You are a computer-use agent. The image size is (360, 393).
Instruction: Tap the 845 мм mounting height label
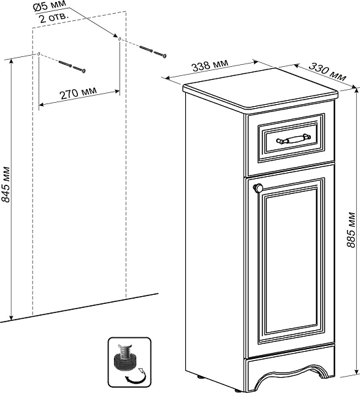point(5,184)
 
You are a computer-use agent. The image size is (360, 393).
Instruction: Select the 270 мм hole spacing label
point(78,93)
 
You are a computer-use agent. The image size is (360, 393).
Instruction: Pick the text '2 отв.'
point(54,18)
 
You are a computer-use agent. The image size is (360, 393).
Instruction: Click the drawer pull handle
point(293,139)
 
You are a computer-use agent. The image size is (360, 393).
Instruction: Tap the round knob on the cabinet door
point(258,188)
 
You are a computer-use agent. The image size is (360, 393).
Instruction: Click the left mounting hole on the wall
point(39,54)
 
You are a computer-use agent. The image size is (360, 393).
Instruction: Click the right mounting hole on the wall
point(120,39)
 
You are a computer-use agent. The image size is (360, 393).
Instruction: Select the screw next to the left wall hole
point(72,66)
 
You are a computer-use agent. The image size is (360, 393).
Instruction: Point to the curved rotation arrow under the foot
point(136,379)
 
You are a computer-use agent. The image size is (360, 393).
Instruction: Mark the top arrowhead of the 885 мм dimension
point(355,91)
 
